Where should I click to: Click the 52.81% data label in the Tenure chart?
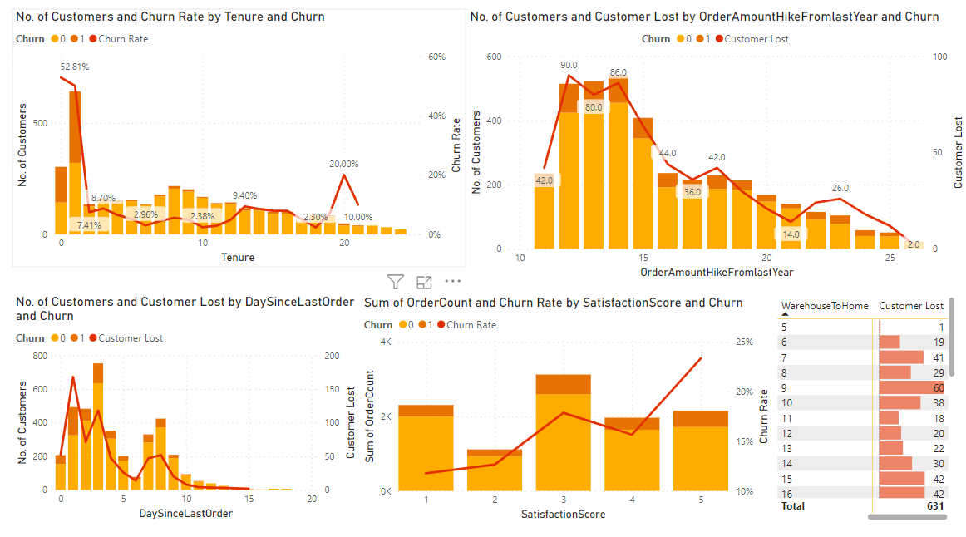(x=75, y=66)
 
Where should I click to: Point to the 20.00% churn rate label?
(x=344, y=164)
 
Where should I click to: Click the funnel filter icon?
(x=396, y=282)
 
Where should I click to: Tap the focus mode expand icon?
(x=424, y=282)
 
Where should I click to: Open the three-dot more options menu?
(x=452, y=282)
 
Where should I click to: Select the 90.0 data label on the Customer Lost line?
(x=569, y=65)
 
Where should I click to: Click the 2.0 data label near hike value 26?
(x=914, y=244)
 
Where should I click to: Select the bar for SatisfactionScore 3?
(x=563, y=432)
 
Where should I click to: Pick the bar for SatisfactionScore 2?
(x=495, y=470)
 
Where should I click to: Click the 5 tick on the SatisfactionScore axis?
(x=701, y=499)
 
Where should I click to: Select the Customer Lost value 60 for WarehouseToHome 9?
(x=937, y=387)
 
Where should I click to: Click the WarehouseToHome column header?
(x=825, y=306)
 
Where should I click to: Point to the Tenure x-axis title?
(x=238, y=258)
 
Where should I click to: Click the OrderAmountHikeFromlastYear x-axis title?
(x=717, y=273)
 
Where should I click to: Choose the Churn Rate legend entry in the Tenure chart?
(x=123, y=38)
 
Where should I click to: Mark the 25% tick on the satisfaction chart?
(x=744, y=342)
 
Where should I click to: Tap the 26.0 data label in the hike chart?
(x=840, y=188)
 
